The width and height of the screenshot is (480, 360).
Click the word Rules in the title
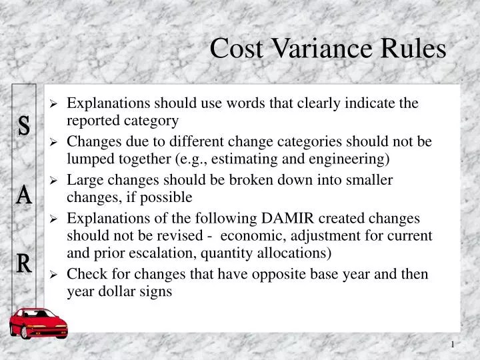[414, 49]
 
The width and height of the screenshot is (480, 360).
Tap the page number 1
[453, 345]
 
